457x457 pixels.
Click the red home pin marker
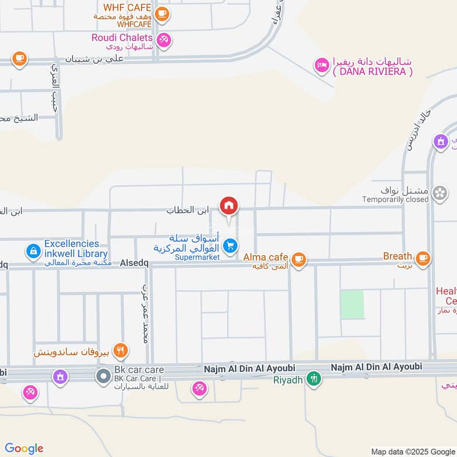tap(229, 206)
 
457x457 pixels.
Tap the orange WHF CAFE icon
tap(162, 14)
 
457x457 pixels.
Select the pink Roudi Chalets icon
tap(165, 39)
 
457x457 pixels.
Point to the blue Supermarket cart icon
tap(230, 246)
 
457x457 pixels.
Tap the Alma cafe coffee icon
tap(298, 259)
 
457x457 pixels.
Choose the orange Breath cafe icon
tap(423, 258)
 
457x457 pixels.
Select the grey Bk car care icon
tap(103, 376)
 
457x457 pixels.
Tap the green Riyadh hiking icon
tap(313, 378)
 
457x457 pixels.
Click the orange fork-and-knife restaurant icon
tap(120, 350)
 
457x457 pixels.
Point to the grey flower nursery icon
tap(440, 193)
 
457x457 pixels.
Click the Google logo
tap(24, 448)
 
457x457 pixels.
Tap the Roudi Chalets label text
tap(122, 37)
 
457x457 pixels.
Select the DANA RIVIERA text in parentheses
tap(373, 71)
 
